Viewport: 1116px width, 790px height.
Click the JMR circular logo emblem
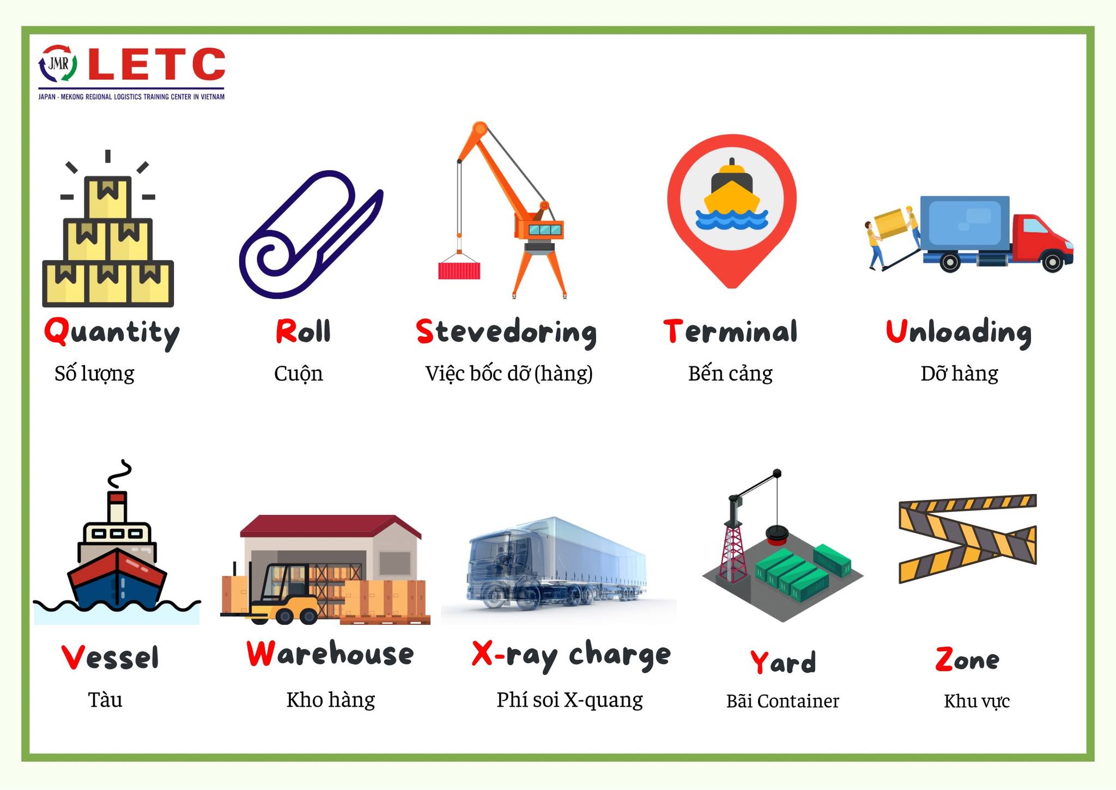[58, 64]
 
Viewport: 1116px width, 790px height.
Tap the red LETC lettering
[156, 64]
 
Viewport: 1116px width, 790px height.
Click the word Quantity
[112, 333]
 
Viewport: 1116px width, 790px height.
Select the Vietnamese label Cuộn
[299, 374]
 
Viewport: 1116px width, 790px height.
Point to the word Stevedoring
[506, 333]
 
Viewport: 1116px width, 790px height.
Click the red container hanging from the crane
[459, 270]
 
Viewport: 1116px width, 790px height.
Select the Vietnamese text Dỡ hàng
[959, 374]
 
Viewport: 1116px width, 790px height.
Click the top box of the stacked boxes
[108, 197]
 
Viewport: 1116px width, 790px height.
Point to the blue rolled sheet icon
[311, 234]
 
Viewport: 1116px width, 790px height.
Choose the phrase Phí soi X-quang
[569, 701]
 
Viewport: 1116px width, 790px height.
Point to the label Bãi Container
[783, 701]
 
